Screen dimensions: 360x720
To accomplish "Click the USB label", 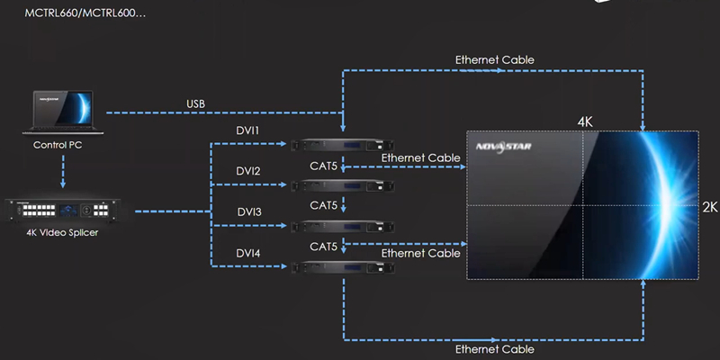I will (195, 104).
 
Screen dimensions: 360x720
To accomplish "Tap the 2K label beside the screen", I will (709, 206).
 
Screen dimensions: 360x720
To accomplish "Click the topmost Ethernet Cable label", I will (494, 60).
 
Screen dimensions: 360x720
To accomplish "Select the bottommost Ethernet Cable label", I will (494, 349).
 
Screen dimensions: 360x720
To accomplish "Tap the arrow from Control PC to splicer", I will (62, 171).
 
